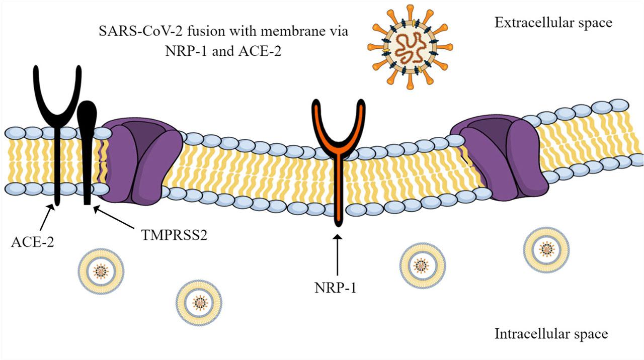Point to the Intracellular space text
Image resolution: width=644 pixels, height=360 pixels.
[551, 334]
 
